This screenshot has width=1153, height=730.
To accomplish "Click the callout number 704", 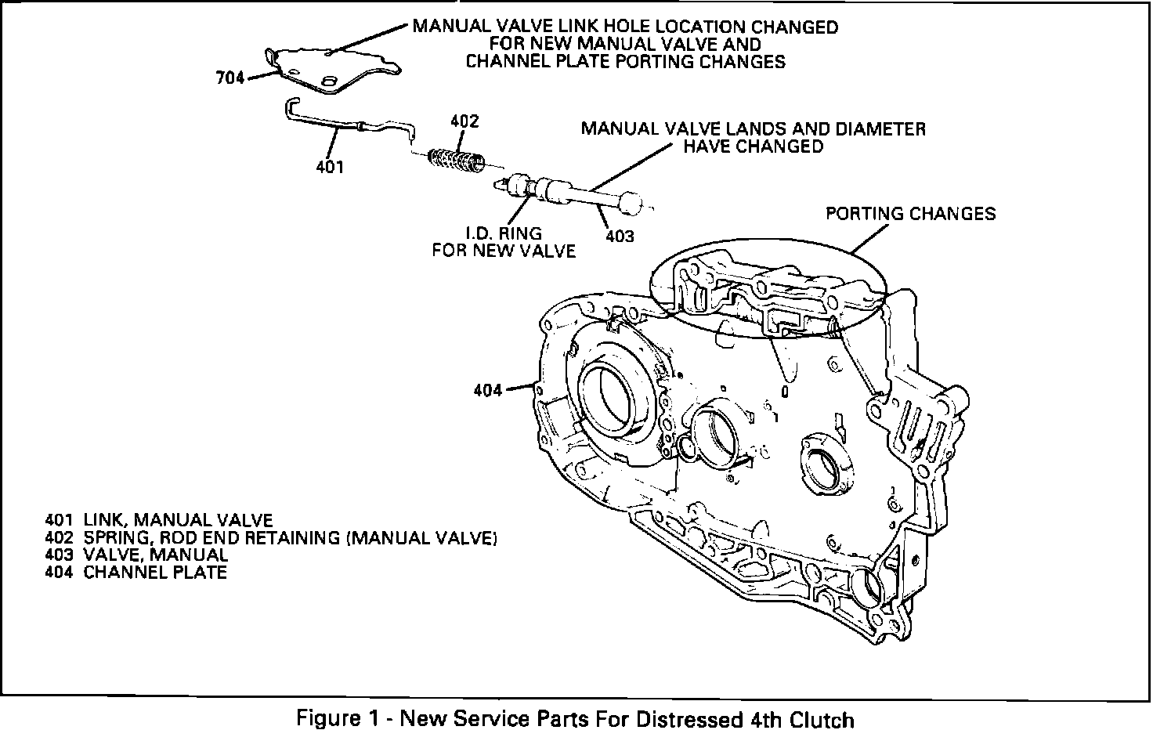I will click(230, 78).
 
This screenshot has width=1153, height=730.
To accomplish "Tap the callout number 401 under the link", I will click(330, 166).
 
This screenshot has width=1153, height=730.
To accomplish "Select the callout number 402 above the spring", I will click(464, 121).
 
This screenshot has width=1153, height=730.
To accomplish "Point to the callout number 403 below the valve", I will click(620, 235).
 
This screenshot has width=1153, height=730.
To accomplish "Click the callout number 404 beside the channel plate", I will click(487, 389).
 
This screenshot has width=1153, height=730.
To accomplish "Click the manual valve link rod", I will click(345, 125).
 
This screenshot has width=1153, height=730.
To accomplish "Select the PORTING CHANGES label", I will click(911, 214).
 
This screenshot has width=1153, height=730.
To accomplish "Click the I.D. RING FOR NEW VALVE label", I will click(504, 242).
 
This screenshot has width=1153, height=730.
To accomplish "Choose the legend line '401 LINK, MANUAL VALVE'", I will click(159, 520).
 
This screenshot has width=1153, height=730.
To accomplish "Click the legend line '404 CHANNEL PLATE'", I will click(136, 573).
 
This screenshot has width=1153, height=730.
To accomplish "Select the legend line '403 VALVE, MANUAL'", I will click(136, 555).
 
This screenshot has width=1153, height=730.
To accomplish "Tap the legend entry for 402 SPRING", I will click(271, 538).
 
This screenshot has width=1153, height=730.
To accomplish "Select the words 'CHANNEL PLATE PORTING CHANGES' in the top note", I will click(626, 62).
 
